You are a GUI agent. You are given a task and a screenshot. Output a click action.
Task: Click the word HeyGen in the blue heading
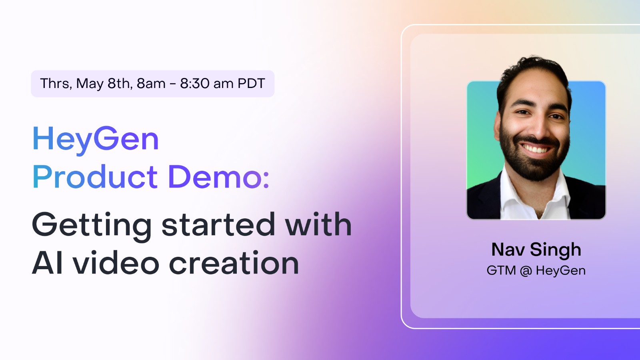point(96,139)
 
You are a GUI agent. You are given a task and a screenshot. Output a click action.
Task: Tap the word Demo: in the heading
point(218,177)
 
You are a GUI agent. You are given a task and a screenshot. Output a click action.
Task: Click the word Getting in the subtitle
point(92,225)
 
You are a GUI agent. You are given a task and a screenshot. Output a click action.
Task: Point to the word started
point(218,225)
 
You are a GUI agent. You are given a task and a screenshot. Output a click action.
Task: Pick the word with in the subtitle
point(318,225)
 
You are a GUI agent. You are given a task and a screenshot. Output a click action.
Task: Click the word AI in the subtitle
point(48,263)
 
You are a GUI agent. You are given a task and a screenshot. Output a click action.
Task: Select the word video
point(116,263)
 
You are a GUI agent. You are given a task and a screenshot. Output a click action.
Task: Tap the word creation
point(234,263)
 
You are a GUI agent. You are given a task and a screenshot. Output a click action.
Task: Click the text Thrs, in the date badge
point(56,84)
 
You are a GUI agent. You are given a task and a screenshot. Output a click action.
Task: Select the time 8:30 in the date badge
point(195,84)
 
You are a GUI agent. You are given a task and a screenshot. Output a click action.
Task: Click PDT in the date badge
point(251,84)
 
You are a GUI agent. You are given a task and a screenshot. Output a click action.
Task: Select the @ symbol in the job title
point(526,271)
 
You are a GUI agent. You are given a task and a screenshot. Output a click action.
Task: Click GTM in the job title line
point(501,271)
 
